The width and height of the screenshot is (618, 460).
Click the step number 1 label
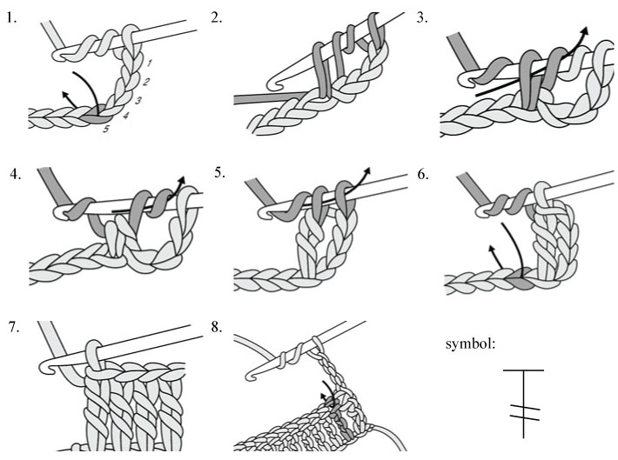11,15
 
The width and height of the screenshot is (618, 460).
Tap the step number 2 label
217,15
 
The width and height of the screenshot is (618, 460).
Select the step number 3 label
423,15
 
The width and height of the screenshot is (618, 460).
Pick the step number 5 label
219,172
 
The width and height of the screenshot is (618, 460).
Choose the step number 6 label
423,172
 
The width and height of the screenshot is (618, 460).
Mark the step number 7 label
11,330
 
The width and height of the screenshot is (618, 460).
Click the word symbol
471,343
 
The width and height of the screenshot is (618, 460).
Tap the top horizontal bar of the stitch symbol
523,370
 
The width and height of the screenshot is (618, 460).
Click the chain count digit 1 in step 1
150,63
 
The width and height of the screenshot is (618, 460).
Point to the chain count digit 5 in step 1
105,130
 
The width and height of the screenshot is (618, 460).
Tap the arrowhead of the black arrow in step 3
585,30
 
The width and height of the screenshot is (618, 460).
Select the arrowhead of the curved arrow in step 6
492,249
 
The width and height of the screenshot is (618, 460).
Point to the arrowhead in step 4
185,182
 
